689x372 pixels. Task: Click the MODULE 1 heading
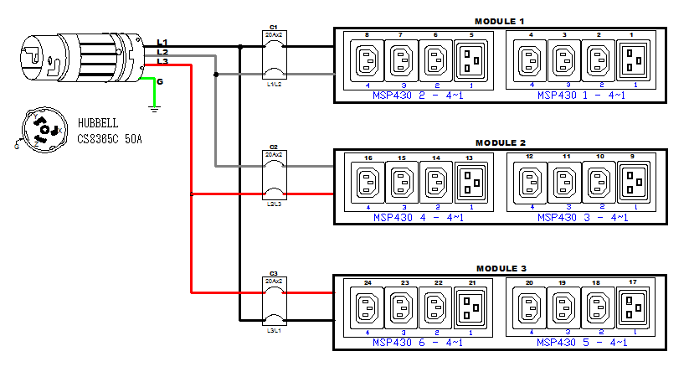(x=500, y=20)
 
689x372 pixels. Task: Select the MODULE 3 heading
(x=500, y=267)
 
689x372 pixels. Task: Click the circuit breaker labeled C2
(x=274, y=178)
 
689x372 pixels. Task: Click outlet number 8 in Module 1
(x=367, y=60)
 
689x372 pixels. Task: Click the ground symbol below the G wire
(x=154, y=106)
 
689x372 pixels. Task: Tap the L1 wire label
(x=162, y=42)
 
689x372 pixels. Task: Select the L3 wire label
(x=162, y=62)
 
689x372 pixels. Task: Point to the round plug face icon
(x=39, y=131)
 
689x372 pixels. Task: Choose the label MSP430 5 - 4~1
(x=581, y=343)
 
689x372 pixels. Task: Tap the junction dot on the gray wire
(x=217, y=75)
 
